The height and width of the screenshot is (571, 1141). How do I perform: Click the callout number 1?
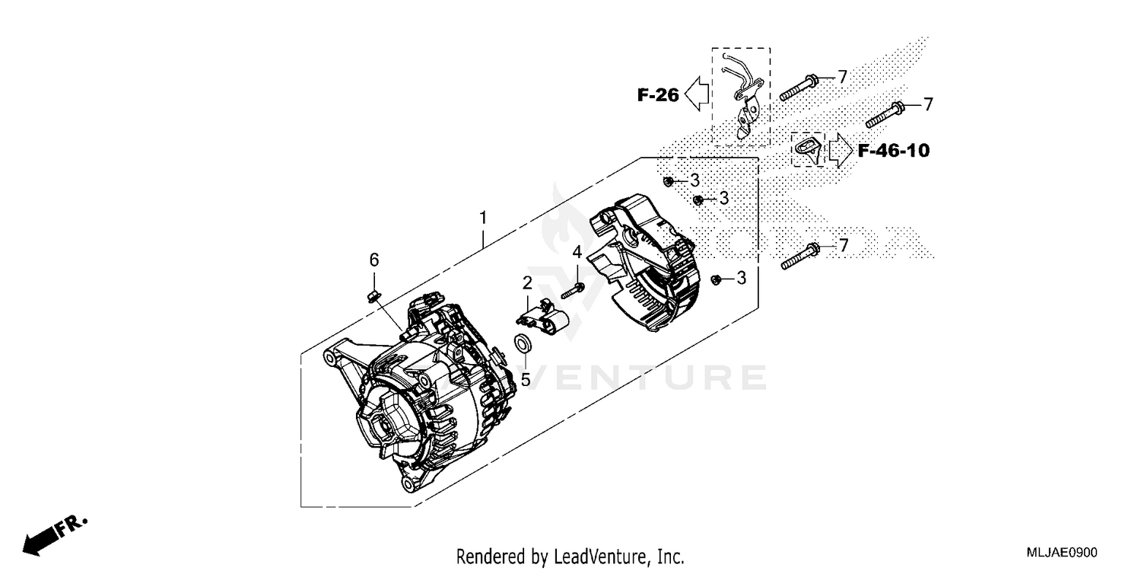point(482,219)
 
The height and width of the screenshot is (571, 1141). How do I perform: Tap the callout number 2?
point(526,283)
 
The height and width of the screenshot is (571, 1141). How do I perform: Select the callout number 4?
point(577,252)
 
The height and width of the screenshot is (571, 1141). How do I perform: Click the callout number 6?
point(373,260)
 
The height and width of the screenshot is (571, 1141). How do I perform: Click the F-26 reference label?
point(658,95)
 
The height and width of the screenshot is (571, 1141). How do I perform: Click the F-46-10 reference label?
point(893,151)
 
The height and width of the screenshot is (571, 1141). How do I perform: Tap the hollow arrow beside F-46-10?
point(841,150)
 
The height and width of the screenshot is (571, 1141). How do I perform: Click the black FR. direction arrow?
point(48,535)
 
